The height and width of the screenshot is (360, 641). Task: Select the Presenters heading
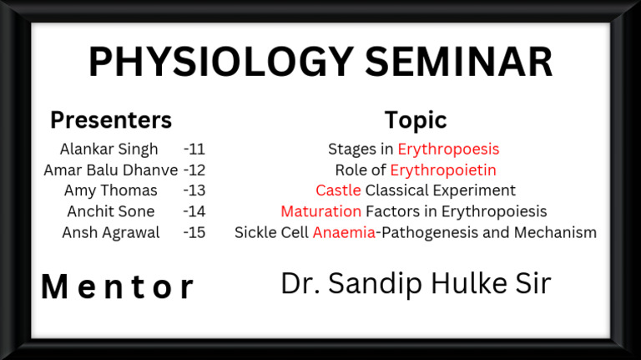(110, 120)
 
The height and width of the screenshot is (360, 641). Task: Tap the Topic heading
(415, 120)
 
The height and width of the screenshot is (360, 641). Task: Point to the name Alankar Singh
(109, 150)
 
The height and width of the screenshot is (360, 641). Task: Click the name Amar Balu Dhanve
(110, 170)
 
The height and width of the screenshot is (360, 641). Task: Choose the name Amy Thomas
(110, 191)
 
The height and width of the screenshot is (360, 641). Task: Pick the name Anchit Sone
(110, 212)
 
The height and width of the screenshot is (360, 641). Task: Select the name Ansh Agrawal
(110, 233)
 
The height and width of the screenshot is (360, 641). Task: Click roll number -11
(194, 150)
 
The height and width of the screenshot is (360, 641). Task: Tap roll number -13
(194, 191)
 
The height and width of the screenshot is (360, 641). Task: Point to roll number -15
(194, 233)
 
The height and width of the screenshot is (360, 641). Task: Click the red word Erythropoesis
(448, 150)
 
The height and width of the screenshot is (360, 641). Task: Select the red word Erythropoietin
(443, 170)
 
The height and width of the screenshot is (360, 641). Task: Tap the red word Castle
(338, 191)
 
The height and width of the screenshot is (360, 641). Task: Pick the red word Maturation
(320, 212)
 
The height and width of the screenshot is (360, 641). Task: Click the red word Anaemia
(344, 233)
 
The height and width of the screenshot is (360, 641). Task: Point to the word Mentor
(118, 287)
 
